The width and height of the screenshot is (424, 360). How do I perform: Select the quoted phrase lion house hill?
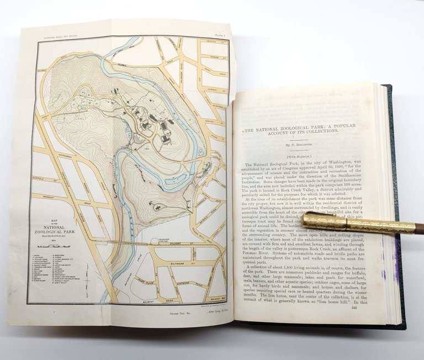point(338,303)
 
